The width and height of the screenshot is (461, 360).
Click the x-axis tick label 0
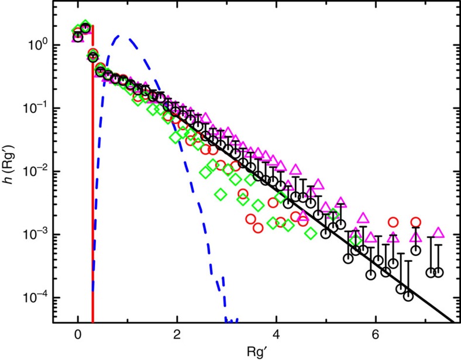[x=78, y=336]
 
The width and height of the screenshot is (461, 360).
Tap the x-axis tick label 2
[x=177, y=336]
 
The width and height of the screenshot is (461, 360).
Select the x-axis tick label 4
[x=276, y=336]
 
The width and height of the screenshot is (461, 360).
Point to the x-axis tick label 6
[x=375, y=336]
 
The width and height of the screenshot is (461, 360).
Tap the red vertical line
[x=93, y=175]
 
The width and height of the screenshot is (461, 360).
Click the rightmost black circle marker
[x=439, y=272]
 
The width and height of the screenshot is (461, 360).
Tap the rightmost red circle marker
[x=416, y=222]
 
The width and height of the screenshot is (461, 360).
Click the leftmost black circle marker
[x=78, y=37]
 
